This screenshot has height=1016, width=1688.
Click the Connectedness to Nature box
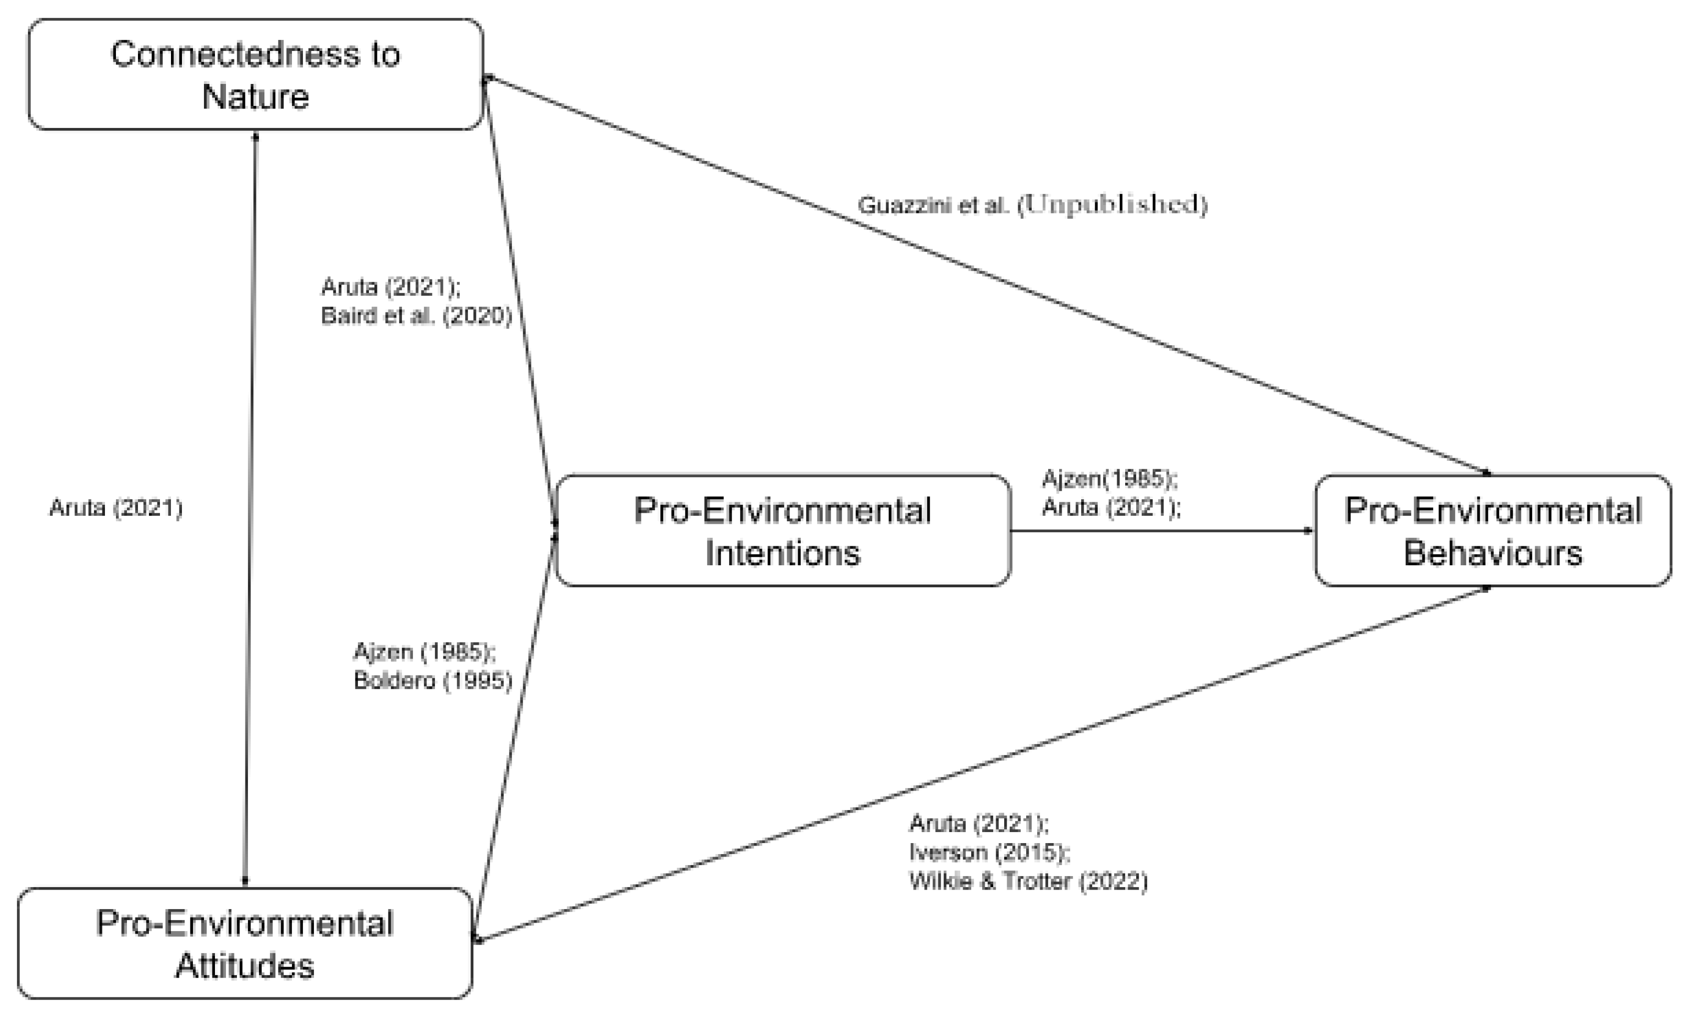[x=255, y=74]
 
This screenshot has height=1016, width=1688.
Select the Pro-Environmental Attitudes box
[x=244, y=944]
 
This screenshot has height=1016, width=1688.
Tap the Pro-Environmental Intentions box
[x=782, y=531]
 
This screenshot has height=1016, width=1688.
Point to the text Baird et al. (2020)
[x=416, y=316]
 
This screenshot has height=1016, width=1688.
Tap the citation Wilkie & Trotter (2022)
[x=1028, y=881]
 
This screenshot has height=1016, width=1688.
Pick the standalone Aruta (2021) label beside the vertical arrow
[x=116, y=508]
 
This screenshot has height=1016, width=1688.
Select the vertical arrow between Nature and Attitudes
[x=250, y=507]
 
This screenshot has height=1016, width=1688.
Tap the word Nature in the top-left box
[x=255, y=96]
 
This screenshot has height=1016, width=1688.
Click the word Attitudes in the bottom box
[x=244, y=966]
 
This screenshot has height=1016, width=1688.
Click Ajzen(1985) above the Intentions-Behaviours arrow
[x=1109, y=479]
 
